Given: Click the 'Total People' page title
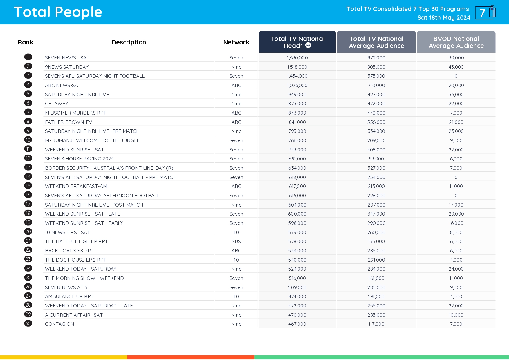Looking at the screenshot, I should point(58,12).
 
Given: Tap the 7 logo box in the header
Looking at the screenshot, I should point(485,13).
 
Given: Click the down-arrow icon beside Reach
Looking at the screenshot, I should point(308,45).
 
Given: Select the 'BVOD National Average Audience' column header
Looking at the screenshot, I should point(456,42).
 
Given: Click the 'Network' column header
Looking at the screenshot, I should point(236,42).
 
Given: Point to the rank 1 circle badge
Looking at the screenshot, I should point(28,57).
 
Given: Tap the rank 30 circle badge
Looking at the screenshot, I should point(28,323).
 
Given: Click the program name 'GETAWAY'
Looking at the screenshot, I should point(57,104).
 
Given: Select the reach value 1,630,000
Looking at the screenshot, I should point(297,58).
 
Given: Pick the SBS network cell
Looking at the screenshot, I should point(236,241).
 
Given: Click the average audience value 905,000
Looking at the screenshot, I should point(376,67).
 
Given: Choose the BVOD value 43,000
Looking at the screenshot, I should point(456,67).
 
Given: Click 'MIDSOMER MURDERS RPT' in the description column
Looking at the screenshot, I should point(75,113).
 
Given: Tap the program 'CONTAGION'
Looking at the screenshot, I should point(59,324).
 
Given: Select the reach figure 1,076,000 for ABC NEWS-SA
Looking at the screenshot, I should point(297,85).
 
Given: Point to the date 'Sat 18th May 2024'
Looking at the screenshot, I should point(444,18).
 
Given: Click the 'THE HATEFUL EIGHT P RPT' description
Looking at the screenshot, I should point(76,241).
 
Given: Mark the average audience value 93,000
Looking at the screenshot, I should point(376,159).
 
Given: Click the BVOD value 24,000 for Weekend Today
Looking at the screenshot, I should point(456,269).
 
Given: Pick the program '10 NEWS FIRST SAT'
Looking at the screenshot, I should point(67,232).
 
